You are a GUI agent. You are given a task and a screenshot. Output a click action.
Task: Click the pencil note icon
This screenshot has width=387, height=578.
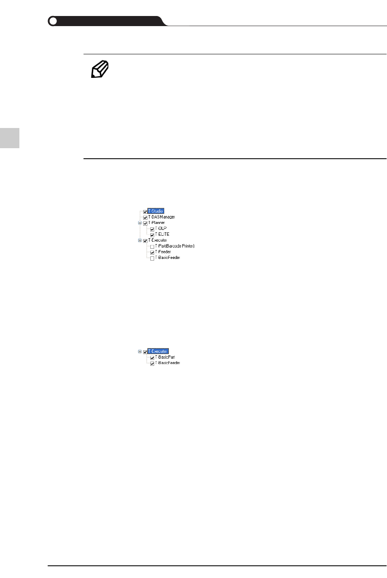point(100,69)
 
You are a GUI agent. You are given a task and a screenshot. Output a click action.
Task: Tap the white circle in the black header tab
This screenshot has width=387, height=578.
point(53,21)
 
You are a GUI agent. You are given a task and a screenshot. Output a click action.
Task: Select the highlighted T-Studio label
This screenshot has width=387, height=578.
point(156,211)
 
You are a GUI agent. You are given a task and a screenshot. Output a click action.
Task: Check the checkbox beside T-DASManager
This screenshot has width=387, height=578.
point(145,217)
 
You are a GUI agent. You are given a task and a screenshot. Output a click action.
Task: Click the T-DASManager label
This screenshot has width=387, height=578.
point(161,217)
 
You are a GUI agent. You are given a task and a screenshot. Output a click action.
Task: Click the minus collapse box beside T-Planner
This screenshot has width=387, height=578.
point(140,223)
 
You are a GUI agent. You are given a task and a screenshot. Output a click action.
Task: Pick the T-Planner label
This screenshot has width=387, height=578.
point(156,223)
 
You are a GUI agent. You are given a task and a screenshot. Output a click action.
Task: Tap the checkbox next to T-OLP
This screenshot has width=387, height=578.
point(152,229)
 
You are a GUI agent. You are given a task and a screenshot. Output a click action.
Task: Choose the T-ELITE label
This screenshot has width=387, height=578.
point(162,234)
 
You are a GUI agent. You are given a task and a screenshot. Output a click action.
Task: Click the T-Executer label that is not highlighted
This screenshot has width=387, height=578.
point(157,240)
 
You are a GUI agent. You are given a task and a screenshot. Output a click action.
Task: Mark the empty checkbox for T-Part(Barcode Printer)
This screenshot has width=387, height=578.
point(152,246)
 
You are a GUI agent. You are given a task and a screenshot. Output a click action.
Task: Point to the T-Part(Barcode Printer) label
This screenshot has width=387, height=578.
point(174,246)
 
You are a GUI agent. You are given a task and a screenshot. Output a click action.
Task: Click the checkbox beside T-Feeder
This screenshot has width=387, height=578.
point(152,252)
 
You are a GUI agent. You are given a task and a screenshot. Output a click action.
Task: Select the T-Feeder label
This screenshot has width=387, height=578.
point(163,252)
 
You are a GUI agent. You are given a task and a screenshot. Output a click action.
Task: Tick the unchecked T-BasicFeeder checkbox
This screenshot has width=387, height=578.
point(152,258)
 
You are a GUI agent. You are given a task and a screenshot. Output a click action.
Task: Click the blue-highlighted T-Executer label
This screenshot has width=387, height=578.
point(158,352)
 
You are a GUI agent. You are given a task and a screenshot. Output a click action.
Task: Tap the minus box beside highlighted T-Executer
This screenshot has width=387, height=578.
point(140,352)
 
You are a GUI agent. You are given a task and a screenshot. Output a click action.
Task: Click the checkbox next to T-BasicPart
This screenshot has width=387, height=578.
point(152,357)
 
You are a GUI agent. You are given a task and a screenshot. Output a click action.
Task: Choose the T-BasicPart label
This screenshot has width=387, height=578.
point(165,357)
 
